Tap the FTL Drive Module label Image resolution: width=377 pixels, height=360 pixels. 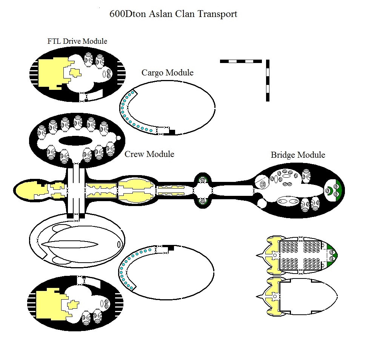point(77,41)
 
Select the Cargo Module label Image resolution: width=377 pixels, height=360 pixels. point(167,72)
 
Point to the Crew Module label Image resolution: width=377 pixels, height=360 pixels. point(149,154)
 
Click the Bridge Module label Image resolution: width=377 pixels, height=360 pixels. point(298,155)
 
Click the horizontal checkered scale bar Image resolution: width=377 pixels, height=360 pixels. point(241,61)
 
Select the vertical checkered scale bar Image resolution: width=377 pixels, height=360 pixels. point(268,80)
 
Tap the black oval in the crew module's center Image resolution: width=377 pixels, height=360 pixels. point(76,140)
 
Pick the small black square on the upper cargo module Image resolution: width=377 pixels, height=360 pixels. point(172,132)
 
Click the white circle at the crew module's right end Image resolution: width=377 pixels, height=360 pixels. point(118,138)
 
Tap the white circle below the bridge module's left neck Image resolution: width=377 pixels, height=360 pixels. point(261,204)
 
